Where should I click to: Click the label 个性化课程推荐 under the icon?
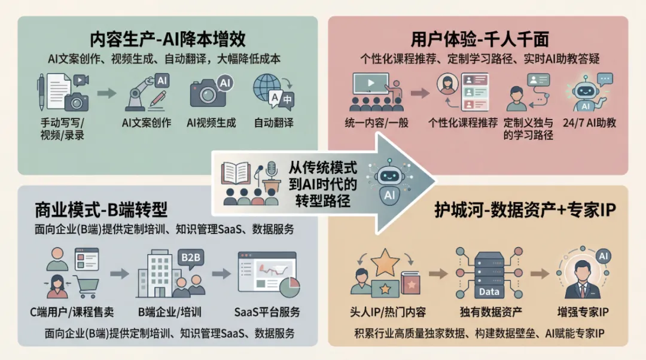click(463, 123)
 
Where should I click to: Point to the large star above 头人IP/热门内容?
click(386, 264)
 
